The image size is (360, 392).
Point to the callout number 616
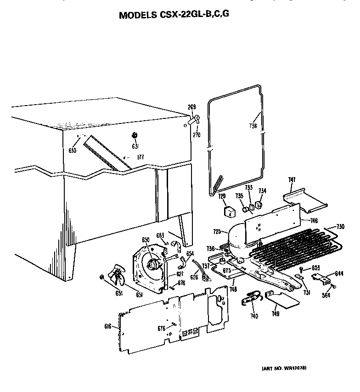click(x=108, y=326)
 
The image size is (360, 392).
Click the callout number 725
click(x=217, y=232)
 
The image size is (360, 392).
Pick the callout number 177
click(x=140, y=157)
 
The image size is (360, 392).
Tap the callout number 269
click(x=192, y=107)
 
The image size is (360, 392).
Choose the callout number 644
click(x=339, y=274)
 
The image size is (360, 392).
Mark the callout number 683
click(x=160, y=236)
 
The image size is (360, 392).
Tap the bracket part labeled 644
click(x=323, y=278)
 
